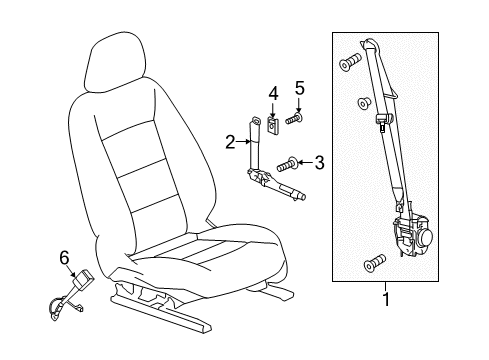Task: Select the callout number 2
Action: (229, 142)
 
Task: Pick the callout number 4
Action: (271, 95)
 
